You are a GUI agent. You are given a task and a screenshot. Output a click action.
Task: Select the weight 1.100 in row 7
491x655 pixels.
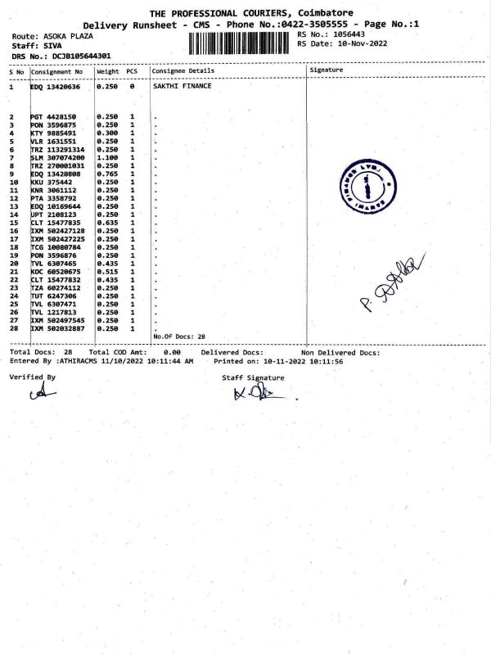click(x=107, y=157)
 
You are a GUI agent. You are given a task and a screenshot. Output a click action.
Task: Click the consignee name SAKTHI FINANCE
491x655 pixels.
click(x=182, y=86)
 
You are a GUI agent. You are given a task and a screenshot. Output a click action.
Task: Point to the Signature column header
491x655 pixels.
click(x=327, y=70)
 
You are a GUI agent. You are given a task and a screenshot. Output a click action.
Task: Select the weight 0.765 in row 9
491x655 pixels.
click(x=107, y=174)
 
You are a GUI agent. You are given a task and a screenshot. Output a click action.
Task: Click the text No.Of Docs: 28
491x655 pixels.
click(x=179, y=337)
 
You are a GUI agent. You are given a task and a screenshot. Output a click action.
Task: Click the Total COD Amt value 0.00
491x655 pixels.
click(x=172, y=353)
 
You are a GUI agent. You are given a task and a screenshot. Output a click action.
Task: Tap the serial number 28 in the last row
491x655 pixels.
click(x=12, y=328)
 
